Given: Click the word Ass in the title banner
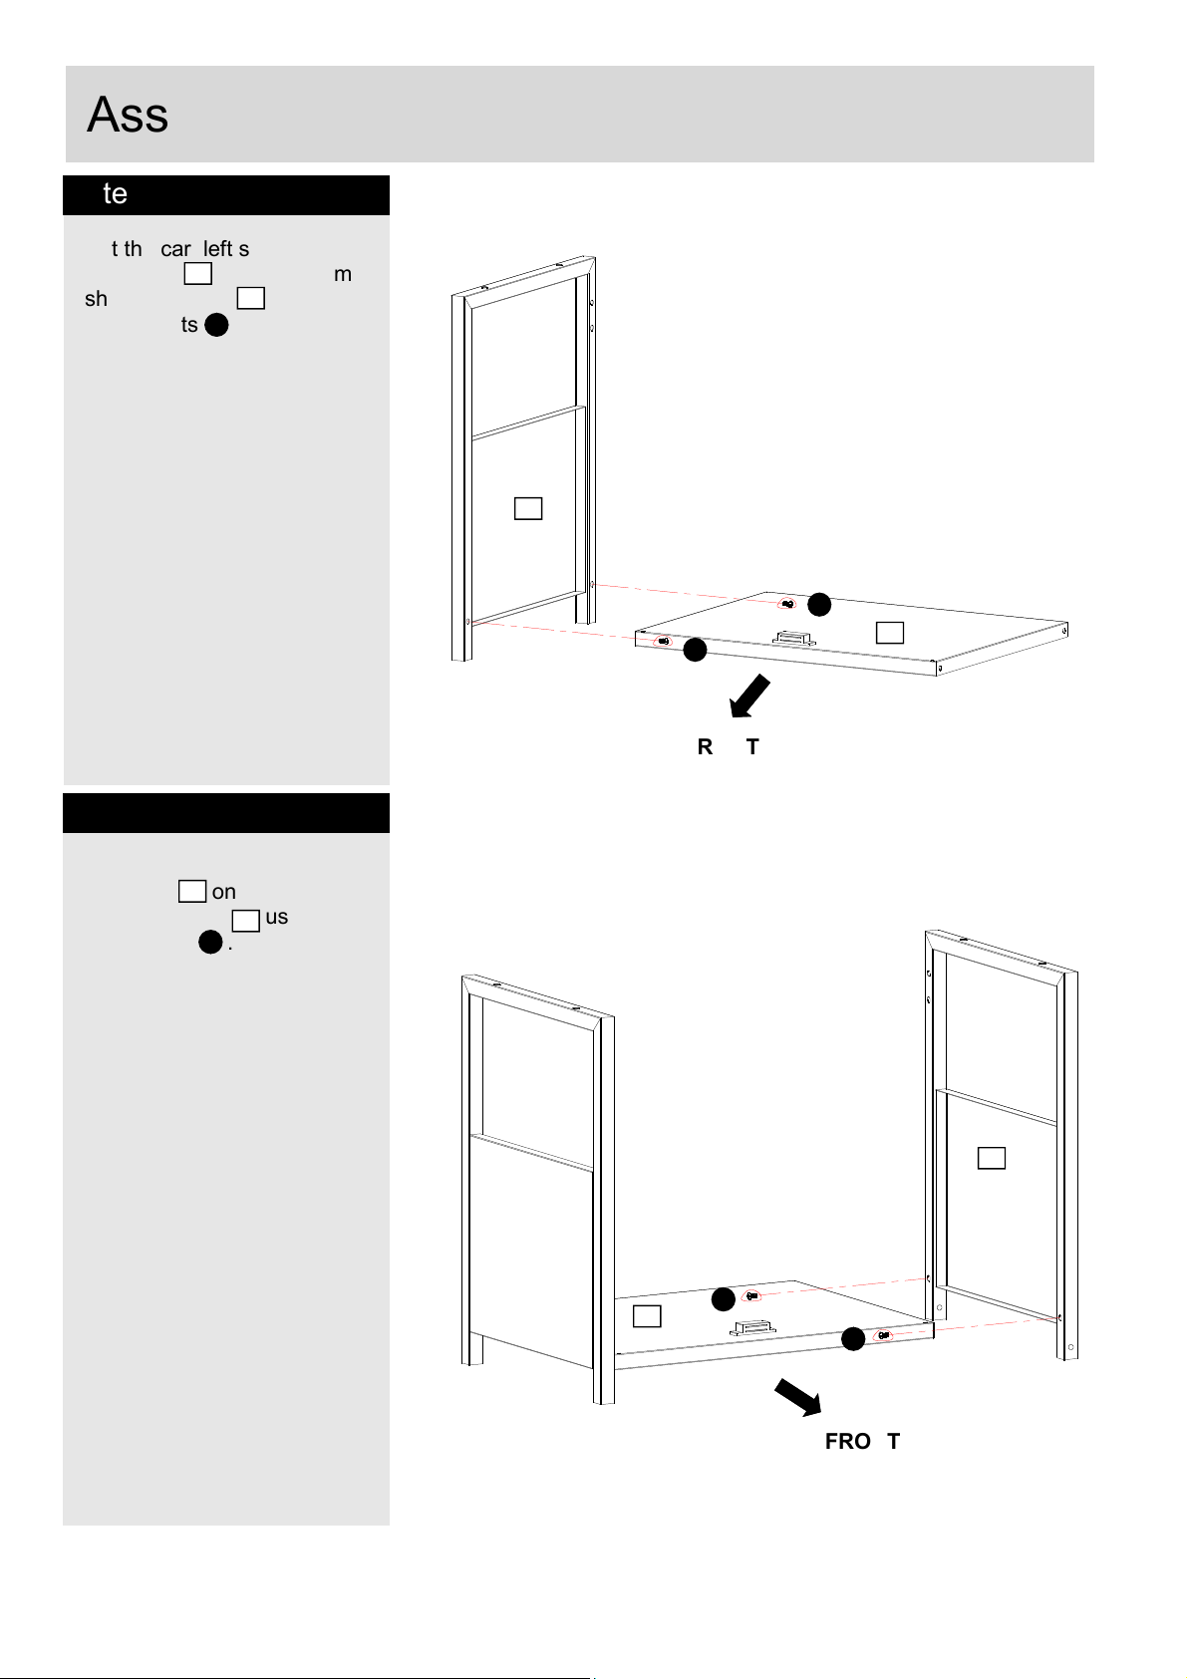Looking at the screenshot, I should [128, 115].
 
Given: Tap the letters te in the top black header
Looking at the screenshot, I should [115, 193].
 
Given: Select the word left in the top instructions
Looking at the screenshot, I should [217, 248].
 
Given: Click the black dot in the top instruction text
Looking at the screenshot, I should [215, 325].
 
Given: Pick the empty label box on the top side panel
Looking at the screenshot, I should [528, 508].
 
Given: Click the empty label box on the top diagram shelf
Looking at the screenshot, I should [890, 632].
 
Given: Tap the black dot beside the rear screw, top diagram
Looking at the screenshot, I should [819, 604].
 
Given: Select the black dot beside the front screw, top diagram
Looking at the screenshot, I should [695, 651].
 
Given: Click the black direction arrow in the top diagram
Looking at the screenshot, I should [749, 696].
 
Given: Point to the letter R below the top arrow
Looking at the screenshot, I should [705, 746].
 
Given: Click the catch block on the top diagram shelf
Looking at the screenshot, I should [794, 637].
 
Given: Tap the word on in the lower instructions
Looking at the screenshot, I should [224, 892].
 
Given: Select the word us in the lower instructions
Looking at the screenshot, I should [276, 917].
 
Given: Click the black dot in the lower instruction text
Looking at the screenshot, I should [209, 943].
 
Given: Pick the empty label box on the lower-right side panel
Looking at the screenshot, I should [992, 1158].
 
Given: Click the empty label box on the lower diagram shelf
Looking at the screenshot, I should [647, 1316].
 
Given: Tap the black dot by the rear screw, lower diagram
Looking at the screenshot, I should [724, 1299].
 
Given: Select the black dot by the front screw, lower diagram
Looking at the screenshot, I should [853, 1339].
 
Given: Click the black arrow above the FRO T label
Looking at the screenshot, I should [798, 1397].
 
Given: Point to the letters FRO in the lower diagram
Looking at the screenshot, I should [848, 1442].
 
